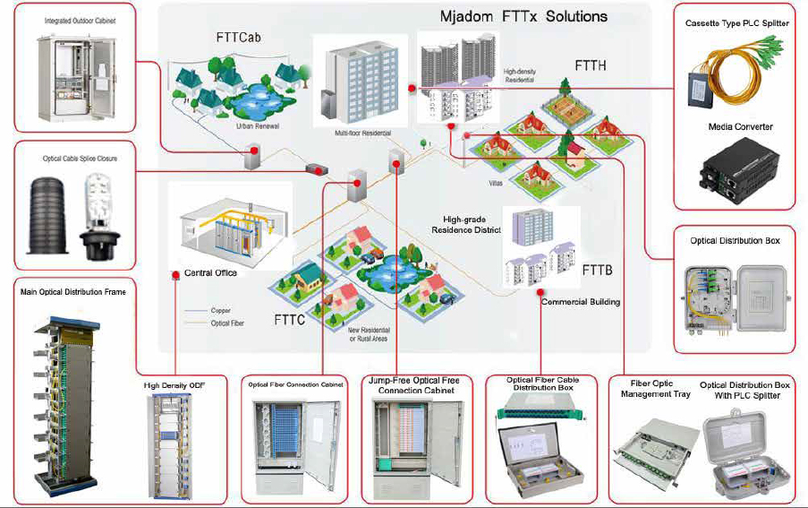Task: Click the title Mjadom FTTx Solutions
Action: tap(523, 16)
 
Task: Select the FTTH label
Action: tap(590, 65)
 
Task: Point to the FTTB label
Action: tap(597, 270)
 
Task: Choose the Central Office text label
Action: tap(210, 272)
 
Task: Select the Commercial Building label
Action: tap(580, 302)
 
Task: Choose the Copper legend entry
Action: tap(220, 311)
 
